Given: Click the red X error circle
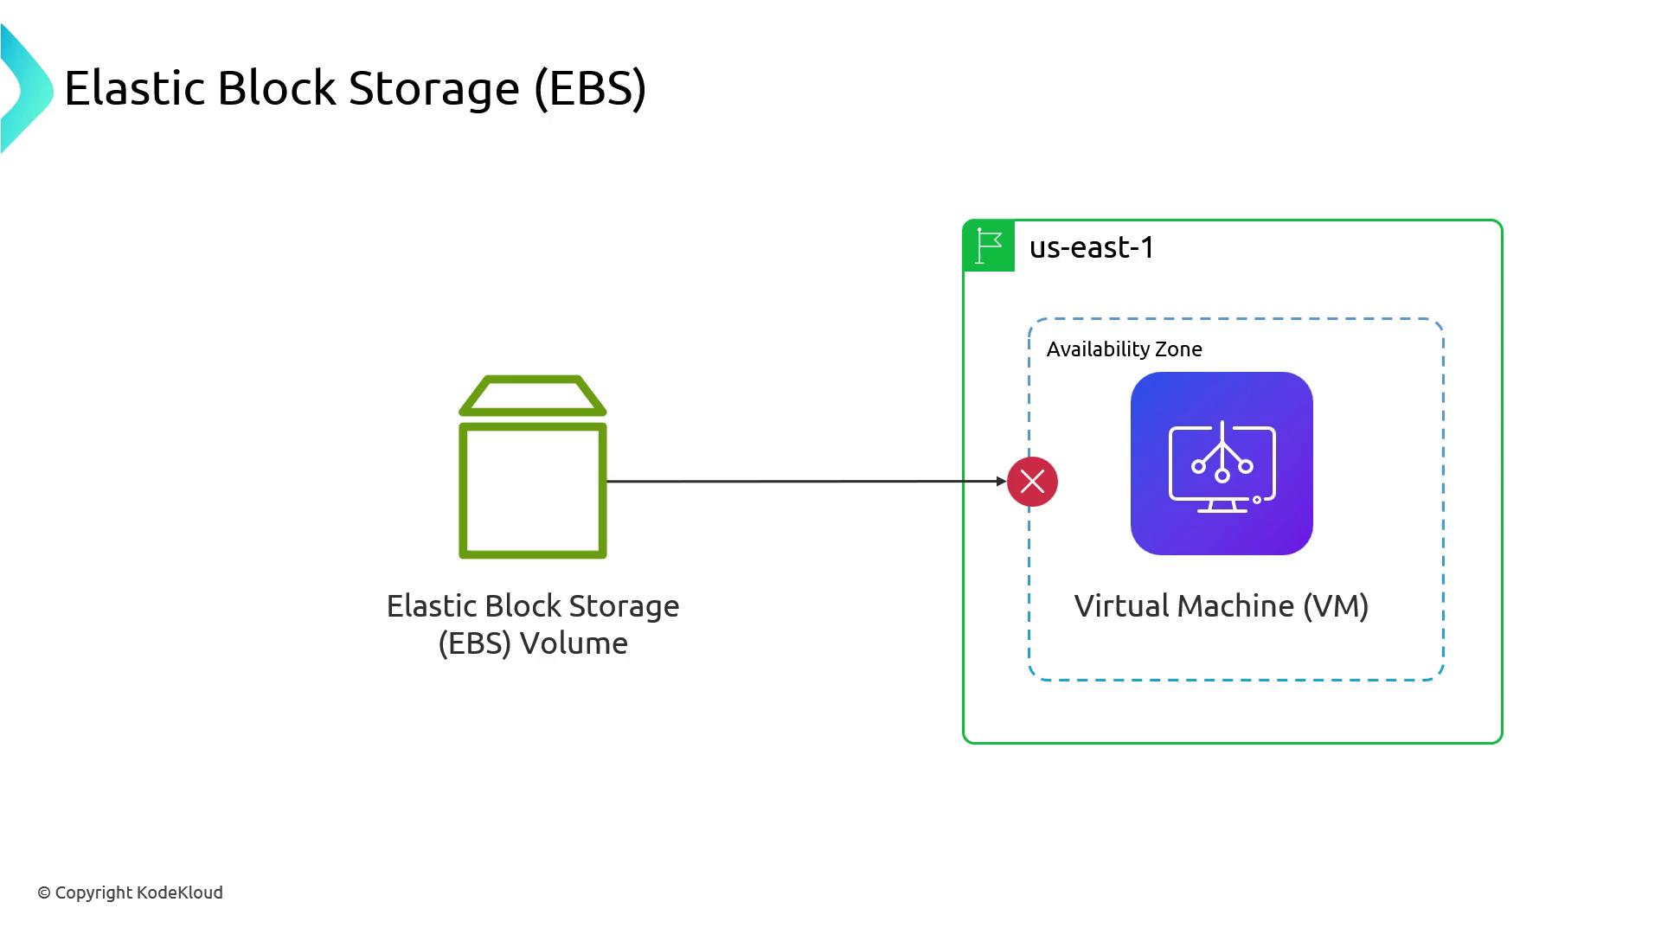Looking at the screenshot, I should click(1032, 482).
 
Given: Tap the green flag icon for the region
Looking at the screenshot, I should click(989, 246).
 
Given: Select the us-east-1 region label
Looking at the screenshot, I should click(1092, 248).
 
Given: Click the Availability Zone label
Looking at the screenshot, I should click(1124, 349).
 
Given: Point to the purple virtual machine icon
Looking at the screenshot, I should click(1222, 464).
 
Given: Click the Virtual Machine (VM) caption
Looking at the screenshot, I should click(1221, 606).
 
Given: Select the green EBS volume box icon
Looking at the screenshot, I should click(533, 489).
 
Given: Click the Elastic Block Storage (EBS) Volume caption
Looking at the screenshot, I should click(533, 624).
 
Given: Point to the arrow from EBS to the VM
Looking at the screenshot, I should click(805, 481).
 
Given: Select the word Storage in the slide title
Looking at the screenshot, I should click(433, 88).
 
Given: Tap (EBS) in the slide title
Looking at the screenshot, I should click(590, 88).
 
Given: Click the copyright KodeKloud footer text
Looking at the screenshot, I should click(131, 892).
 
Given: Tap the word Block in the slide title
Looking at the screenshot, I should click(276, 88).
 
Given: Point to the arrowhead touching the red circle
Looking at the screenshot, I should click(1001, 481).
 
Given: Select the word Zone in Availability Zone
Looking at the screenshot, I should click(1180, 349).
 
